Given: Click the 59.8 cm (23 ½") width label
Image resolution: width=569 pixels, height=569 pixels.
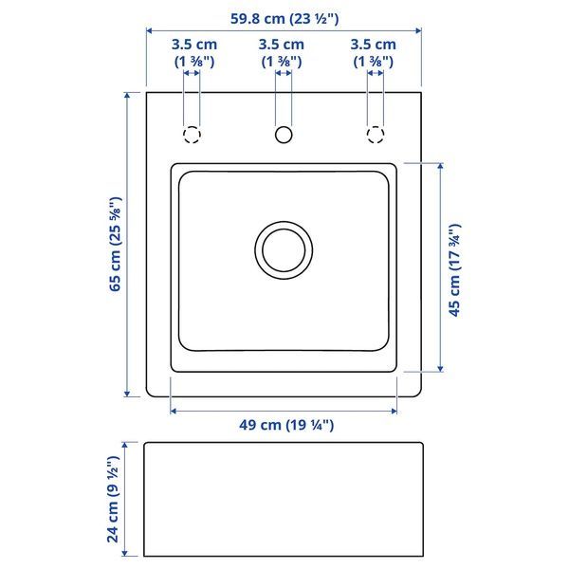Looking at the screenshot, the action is [284, 19].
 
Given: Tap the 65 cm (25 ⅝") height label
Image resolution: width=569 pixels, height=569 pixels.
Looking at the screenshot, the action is [116, 244].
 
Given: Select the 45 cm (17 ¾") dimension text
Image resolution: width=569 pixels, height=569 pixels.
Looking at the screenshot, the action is [454, 270].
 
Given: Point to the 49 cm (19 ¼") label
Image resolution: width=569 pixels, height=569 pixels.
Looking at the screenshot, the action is [286, 425].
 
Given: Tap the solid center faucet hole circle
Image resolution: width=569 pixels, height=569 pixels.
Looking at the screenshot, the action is [284, 135].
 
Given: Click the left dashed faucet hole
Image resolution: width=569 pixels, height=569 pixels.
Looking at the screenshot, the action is [192, 135].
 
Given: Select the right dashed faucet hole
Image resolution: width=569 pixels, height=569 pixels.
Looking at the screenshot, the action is [376, 135].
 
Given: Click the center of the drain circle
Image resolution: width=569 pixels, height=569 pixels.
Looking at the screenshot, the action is [284, 250].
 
